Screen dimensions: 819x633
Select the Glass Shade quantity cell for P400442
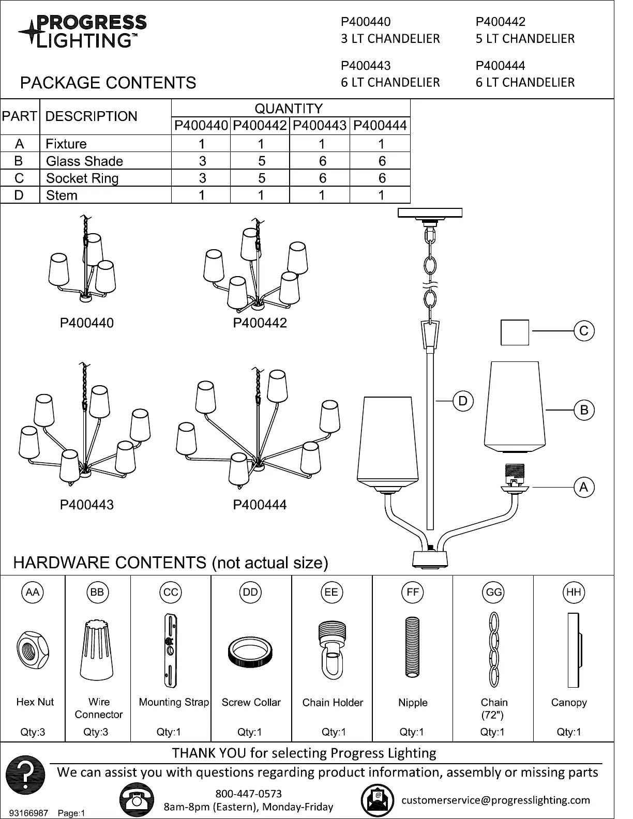pos(261,161)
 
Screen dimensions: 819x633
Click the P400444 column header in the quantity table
pos(380,126)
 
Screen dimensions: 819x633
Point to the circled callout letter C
pos(584,330)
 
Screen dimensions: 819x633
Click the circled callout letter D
pos(462,401)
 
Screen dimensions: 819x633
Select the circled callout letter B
pos(584,410)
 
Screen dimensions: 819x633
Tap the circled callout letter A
pos(584,487)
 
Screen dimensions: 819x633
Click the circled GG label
pos(494,592)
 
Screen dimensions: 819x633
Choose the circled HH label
pos(574,592)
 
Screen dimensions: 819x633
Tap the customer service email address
pos(495,800)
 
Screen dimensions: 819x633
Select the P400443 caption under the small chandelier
pos(87,505)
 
